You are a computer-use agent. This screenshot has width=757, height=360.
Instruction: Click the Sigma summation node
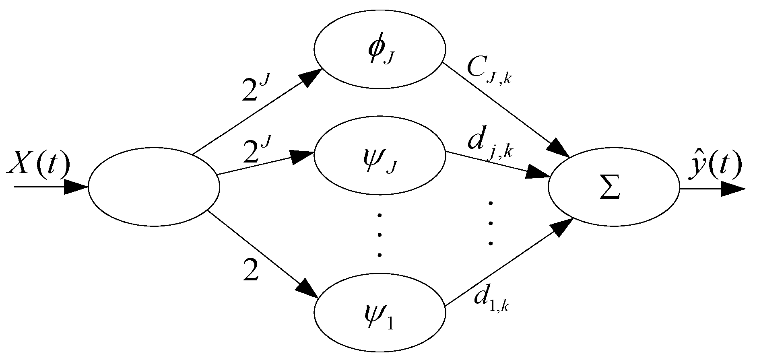613,189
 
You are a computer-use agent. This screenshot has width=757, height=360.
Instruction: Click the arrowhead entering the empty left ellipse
76,187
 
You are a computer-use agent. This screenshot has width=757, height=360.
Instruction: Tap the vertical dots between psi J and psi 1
379,235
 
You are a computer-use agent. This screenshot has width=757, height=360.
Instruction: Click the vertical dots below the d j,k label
490,223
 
